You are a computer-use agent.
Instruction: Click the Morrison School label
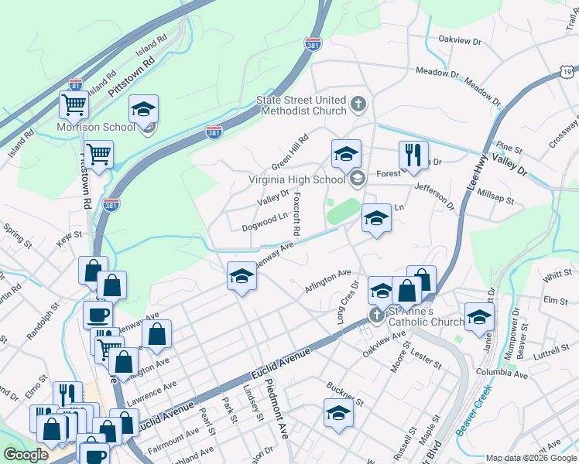pyautogui.click(x=95, y=127)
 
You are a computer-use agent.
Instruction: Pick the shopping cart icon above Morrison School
pyautogui.click(x=74, y=104)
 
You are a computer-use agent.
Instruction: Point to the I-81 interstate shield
pyautogui.click(x=76, y=84)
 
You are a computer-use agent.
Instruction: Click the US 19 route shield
pyautogui.click(x=568, y=72)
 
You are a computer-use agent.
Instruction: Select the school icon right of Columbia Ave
pyautogui.click(x=479, y=316)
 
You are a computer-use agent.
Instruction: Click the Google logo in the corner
pyautogui.click(x=25, y=455)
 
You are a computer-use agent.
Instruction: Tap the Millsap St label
pyautogui.click(x=496, y=196)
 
